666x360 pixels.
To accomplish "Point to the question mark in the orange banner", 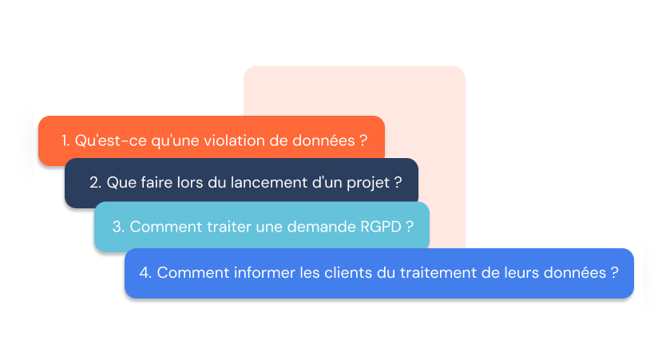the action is [363, 140].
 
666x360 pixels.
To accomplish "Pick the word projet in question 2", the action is [368, 183].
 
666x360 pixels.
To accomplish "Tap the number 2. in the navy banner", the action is [95, 182].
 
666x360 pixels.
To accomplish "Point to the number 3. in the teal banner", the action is [117, 227].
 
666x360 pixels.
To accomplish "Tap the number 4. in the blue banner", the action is [145, 272].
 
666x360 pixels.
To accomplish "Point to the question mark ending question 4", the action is [614, 272].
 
